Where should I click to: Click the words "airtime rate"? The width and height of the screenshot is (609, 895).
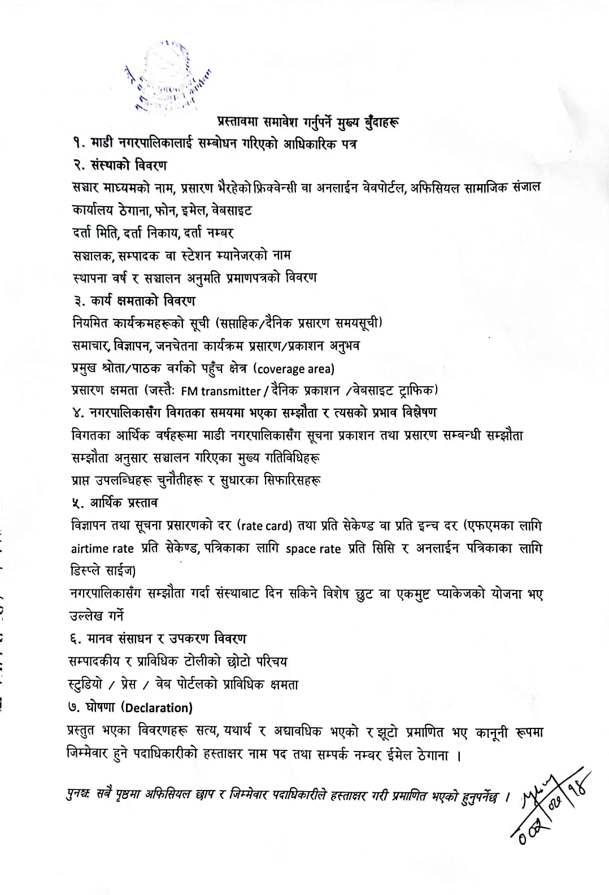102,549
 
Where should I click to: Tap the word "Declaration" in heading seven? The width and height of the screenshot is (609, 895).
156,708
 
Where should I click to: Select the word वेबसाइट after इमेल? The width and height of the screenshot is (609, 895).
232,211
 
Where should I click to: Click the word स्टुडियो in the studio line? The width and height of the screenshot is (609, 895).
85,684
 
